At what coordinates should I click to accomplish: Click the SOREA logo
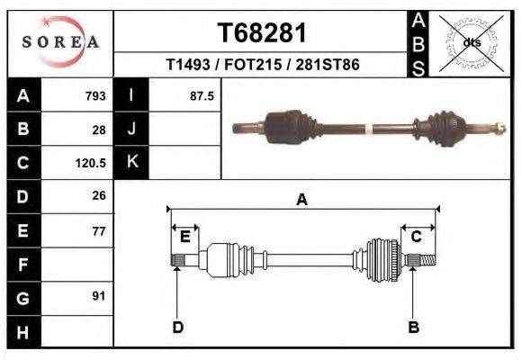[60, 42]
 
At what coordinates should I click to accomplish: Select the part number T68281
[263, 33]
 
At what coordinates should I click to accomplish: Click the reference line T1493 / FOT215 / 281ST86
[263, 66]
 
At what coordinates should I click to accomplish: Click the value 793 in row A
[95, 95]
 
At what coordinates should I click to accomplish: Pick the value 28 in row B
[99, 129]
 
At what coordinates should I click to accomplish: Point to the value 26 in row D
[99, 195]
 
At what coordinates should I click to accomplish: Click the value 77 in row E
[99, 230]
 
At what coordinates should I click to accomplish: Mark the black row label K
[131, 163]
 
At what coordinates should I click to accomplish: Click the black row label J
[131, 129]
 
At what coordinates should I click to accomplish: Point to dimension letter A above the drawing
[301, 200]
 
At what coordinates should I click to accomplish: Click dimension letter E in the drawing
[184, 237]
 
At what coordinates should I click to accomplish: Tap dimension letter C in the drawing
[417, 237]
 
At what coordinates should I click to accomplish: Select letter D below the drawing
[177, 327]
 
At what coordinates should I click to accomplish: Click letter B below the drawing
[414, 327]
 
